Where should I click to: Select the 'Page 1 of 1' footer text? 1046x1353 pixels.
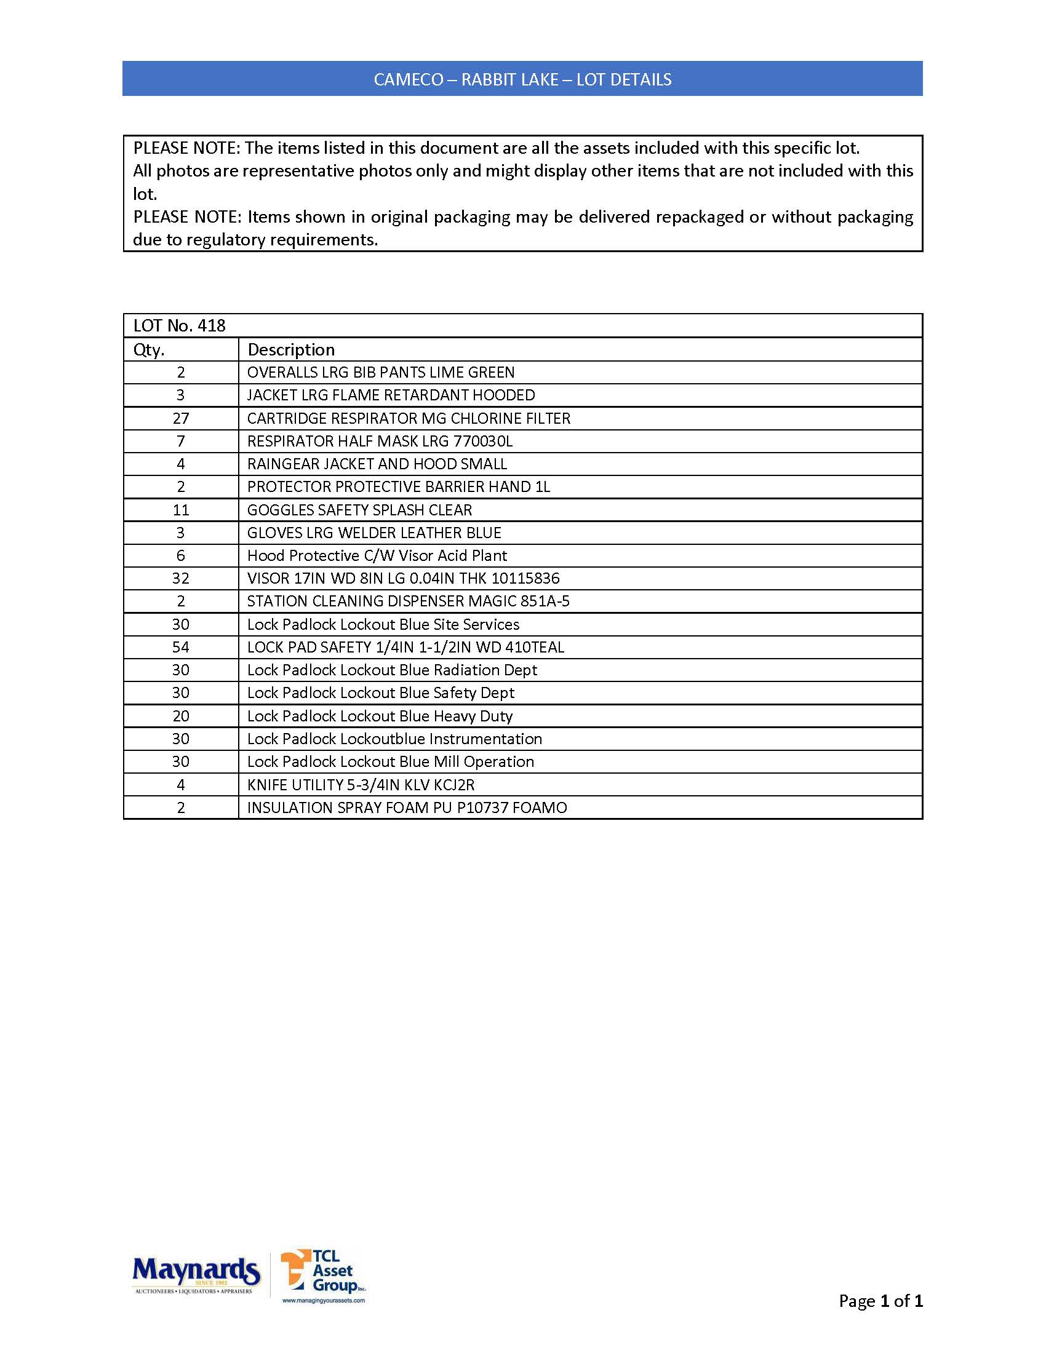880,1300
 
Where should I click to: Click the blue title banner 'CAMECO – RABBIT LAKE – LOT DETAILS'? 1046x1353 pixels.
522,79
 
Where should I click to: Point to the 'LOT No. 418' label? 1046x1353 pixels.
180,326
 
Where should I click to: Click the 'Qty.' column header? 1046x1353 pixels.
149,350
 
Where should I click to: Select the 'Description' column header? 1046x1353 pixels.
291,350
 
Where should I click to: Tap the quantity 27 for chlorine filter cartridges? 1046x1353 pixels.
181,419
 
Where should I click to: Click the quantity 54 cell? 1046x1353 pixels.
181,648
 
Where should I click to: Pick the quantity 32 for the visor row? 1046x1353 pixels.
181,579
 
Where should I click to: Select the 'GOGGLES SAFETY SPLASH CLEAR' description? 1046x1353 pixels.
359,510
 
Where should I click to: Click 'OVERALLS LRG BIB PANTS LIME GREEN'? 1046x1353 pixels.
380,373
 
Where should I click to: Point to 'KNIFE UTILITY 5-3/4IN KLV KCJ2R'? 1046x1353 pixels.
361,785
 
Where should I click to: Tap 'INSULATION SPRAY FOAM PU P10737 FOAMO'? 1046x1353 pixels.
407,808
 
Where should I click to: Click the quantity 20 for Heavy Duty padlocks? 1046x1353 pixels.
181,716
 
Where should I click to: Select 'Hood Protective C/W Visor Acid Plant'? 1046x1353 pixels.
377,556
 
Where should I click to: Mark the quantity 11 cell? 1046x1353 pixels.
181,510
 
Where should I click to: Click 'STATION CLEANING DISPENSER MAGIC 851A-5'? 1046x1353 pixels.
409,601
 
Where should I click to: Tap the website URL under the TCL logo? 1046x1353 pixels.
324,1301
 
